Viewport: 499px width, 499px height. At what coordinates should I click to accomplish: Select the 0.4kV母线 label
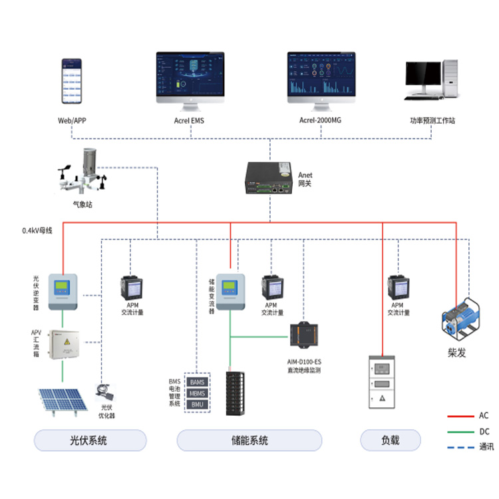coord(37,230)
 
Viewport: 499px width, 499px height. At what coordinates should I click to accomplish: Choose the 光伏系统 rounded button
coord(90,440)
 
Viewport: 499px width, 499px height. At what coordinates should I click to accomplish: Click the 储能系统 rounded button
coord(249,440)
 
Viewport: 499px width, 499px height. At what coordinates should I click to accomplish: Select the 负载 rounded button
coord(391,440)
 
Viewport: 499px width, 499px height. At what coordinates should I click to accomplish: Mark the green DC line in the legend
coord(459,431)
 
